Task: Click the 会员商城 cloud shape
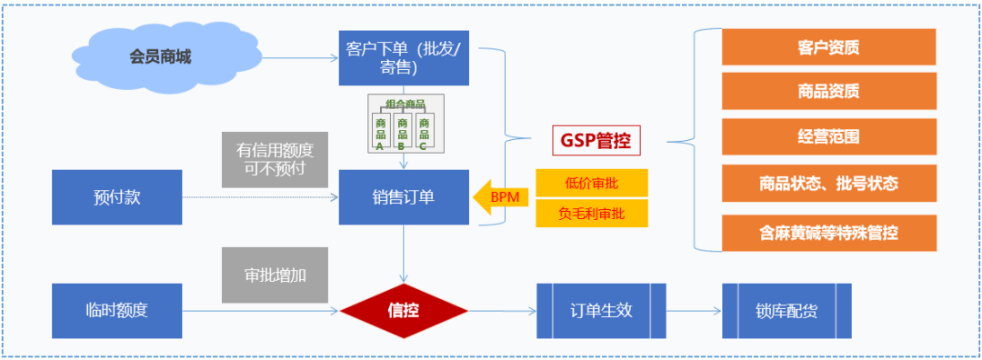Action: tap(159, 56)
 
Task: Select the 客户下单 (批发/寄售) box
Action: tap(405, 56)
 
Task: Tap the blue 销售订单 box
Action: tap(405, 197)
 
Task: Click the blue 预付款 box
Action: tap(117, 197)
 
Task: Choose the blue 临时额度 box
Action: tap(117, 310)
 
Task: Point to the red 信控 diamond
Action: tap(405, 311)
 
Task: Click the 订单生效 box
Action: tap(601, 311)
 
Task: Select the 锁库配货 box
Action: tap(787, 311)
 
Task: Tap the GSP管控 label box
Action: tap(596, 141)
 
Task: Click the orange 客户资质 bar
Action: tap(828, 47)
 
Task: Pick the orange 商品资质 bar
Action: tap(828, 91)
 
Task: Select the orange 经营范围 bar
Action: tap(828, 136)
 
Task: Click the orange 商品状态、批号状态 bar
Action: tap(828, 183)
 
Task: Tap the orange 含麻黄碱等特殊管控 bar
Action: tap(828, 233)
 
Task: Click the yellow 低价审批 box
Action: tap(591, 183)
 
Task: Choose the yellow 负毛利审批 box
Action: tap(591, 214)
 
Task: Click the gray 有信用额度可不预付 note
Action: tap(275, 159)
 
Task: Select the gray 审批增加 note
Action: tap(275, 274)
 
